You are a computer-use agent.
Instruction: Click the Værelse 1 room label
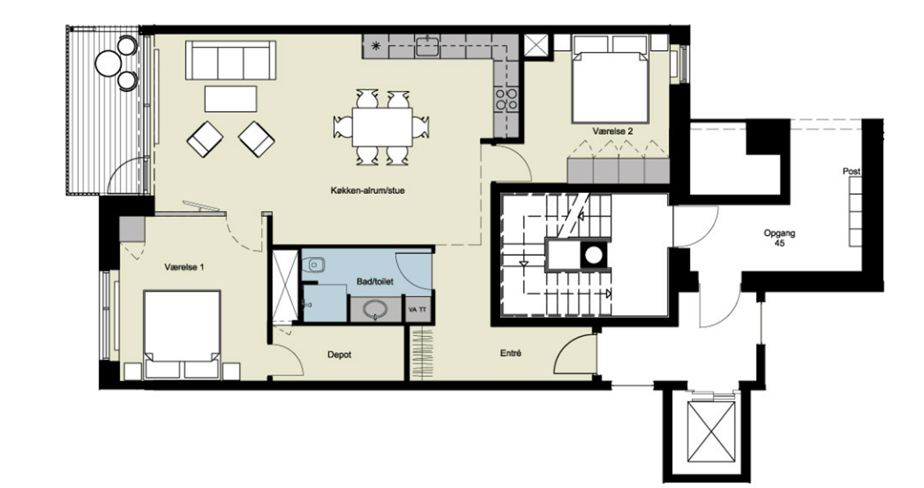[184, 267]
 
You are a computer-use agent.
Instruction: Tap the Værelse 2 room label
[613, 131]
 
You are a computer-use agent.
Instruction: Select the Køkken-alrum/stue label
[368, 190]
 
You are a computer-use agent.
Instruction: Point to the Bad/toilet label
[375, 282]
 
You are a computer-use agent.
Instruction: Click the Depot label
[340, 355]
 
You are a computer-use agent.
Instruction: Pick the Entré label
[510, 353]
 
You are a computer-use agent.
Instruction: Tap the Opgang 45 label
[779, 238]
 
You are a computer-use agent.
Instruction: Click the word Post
[852, 171]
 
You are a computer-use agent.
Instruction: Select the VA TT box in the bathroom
[418, 310]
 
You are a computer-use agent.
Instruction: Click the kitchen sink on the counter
[428, 45]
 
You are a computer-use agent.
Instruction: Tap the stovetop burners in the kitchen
[506, 99]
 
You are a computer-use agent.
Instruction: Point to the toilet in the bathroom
[313, 264]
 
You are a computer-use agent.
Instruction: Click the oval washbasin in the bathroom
[375, 310]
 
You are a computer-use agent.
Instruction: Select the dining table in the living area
[382, 127]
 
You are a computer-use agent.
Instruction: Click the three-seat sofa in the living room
[230, 60]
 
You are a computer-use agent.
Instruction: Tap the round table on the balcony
[108, 63]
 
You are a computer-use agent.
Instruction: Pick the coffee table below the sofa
[230, 99]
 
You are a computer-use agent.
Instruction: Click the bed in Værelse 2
[610, 79]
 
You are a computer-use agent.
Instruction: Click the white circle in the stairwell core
[593, 255]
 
